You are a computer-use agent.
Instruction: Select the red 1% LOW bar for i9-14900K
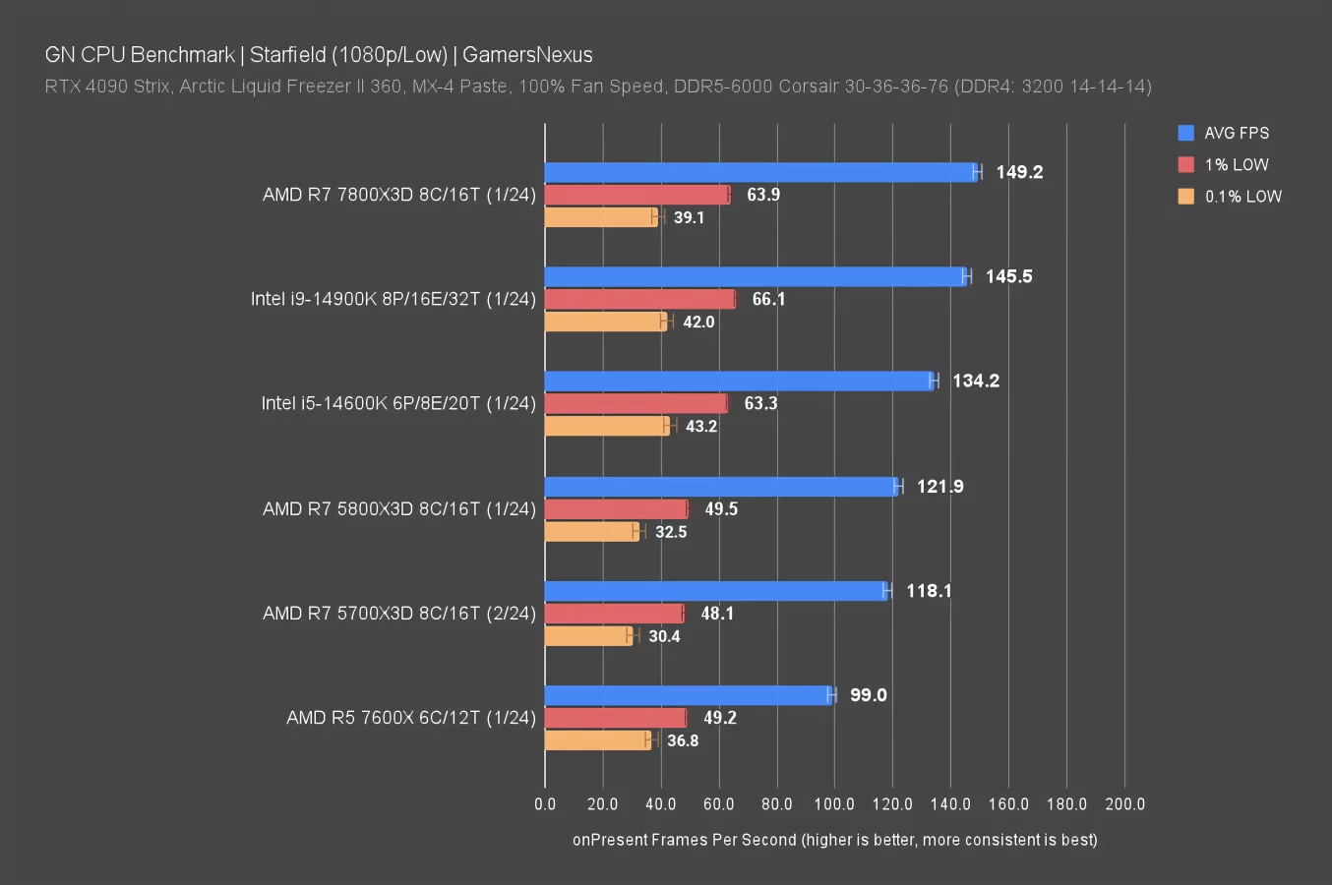639,299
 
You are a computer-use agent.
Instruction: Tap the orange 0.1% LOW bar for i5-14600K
606,426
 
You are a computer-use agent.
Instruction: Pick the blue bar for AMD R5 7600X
689,695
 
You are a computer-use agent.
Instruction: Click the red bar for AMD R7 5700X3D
614,614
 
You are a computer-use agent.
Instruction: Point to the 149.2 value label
1019,172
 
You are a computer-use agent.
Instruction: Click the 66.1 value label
768,299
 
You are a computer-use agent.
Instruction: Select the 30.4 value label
664,636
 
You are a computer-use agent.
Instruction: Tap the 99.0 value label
868,695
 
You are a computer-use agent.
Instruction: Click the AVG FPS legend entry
1236,133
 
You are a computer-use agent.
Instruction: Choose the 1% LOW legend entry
1236,164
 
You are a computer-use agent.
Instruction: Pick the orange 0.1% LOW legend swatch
1186,196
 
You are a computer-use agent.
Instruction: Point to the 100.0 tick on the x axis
834,804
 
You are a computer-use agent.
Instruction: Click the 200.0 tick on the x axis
1124,804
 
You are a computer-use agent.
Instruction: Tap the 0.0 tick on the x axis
545,804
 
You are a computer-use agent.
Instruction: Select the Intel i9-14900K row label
393,299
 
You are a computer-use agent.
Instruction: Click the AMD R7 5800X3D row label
398,508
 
